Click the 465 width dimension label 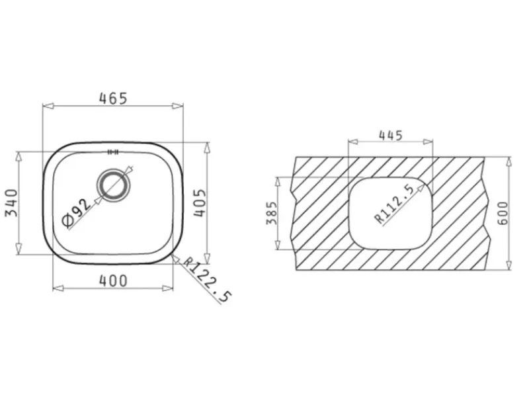click(x=113, y=99)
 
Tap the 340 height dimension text click(x=11, y=203)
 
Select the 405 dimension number click(x=200, y=202)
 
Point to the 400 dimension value click(x=113, y=281)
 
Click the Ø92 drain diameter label click(x=77, y=212)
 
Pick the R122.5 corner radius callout click(x=207, y=280)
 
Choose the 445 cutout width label click(x=391, y=136)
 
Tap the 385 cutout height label click(x=272, y=213)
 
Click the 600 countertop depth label click(x=503, y=213)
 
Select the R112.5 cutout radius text click(x=393, y=204)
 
